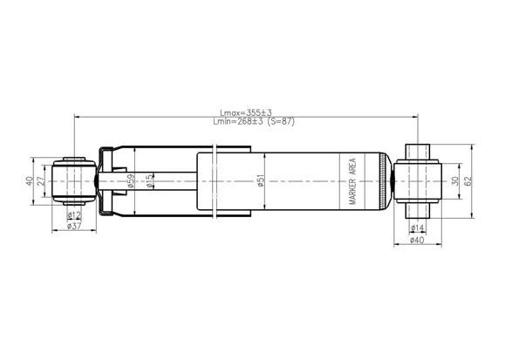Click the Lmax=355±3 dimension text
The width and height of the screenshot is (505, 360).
tap(246, 112)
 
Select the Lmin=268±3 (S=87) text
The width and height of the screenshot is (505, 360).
tap(254, 121)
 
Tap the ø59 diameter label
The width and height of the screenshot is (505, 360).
tap(131, 180)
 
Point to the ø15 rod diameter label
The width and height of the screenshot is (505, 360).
tap(149, 180)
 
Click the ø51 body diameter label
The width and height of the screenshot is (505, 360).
tap(261, 180)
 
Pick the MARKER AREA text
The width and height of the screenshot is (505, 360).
tap(352, 181)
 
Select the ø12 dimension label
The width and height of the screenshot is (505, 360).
tap(74, 214)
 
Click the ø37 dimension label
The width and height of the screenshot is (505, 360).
tap(74, 226)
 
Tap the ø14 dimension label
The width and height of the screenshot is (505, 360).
tap(418, 228)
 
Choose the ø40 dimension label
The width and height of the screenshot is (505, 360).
tap(418, 241)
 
